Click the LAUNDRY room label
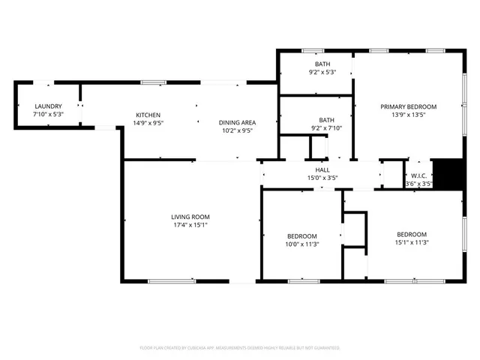pos(48,106)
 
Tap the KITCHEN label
pos(148,115)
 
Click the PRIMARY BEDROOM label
pos(408,106)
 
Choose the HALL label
pos(322,170)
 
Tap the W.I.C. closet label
pos(418,175)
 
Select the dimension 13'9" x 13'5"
pos(408,115)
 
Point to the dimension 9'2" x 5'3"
pos(322,72)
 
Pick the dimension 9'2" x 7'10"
pos(326,128)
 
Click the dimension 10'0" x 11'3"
pos(301,243)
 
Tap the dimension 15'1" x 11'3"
pos(411,241)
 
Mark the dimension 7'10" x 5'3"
pos(48,115)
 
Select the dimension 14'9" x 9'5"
pos(148,123)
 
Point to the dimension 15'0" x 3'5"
pos(322,178)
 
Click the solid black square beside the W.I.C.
pos(448,174)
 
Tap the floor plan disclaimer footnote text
pos(240,348)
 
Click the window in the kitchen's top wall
pos(154,82)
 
